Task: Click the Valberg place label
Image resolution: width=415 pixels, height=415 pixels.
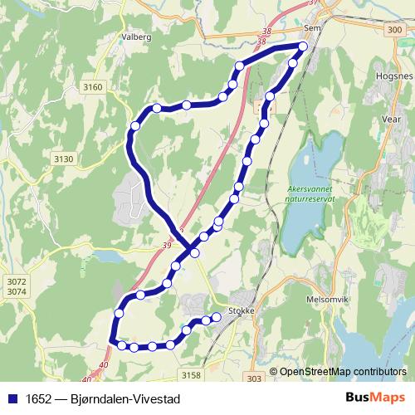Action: click(x=136, y=37)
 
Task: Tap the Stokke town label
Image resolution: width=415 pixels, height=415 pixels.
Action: click(x=239, y=312)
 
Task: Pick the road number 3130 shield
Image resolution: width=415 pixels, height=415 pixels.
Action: click(x=63, y=159)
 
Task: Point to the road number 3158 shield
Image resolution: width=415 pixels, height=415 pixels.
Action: click(x=191, y=375)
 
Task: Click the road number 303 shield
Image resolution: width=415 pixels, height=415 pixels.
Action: click(x=254, y=378)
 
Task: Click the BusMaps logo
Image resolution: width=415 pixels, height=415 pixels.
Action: click(x=370, y=398)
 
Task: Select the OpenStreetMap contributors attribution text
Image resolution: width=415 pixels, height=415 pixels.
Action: click(x=342, y=372)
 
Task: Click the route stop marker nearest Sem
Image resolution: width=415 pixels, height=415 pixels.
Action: click(x=303, y=46)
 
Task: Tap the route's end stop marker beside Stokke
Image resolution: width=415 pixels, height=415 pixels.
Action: click(x=217, y=316)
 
